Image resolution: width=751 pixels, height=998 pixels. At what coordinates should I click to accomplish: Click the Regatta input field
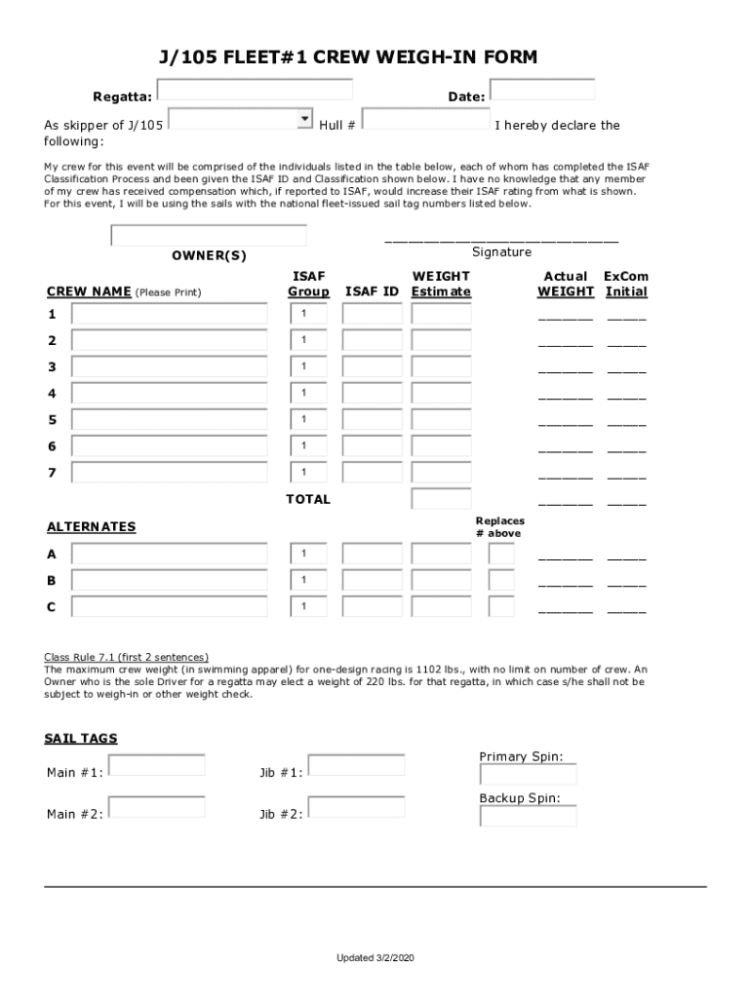point(255,90)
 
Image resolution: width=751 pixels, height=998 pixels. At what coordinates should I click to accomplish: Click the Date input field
point(542,90)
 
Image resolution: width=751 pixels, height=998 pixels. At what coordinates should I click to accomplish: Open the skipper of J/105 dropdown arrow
point(302,119)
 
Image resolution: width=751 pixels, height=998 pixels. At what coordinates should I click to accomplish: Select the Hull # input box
point(425,120)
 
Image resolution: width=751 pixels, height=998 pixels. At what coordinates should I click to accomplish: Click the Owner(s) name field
point(209,236)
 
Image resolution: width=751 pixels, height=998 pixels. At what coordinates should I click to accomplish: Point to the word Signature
point(501,252)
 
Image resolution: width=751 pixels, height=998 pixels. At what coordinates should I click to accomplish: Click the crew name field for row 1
point(170,314)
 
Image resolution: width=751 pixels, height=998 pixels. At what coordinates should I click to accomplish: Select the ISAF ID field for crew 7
point(372,473)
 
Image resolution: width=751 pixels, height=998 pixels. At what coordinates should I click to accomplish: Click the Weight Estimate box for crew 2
point(441,340)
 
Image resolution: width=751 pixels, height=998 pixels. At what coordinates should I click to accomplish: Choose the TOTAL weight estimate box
point(441,499)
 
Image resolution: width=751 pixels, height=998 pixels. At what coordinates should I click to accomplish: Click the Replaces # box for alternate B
point(501,581)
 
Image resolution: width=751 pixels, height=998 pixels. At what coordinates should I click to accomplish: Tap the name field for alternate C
point(170,607)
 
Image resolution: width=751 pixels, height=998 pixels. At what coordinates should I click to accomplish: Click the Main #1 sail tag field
point(156,765)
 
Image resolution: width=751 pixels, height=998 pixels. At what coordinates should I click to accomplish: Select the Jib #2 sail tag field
point(356,807)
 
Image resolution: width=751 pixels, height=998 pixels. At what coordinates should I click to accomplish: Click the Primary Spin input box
point(528,775)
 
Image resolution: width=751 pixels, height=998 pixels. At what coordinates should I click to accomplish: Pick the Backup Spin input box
point(528,816)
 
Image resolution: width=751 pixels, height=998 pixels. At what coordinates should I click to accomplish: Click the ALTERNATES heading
point(92,527)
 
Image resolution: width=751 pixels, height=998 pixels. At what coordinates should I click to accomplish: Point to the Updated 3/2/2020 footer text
point(375,959)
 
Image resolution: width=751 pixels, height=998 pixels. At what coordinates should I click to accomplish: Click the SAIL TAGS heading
point(82,739)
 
